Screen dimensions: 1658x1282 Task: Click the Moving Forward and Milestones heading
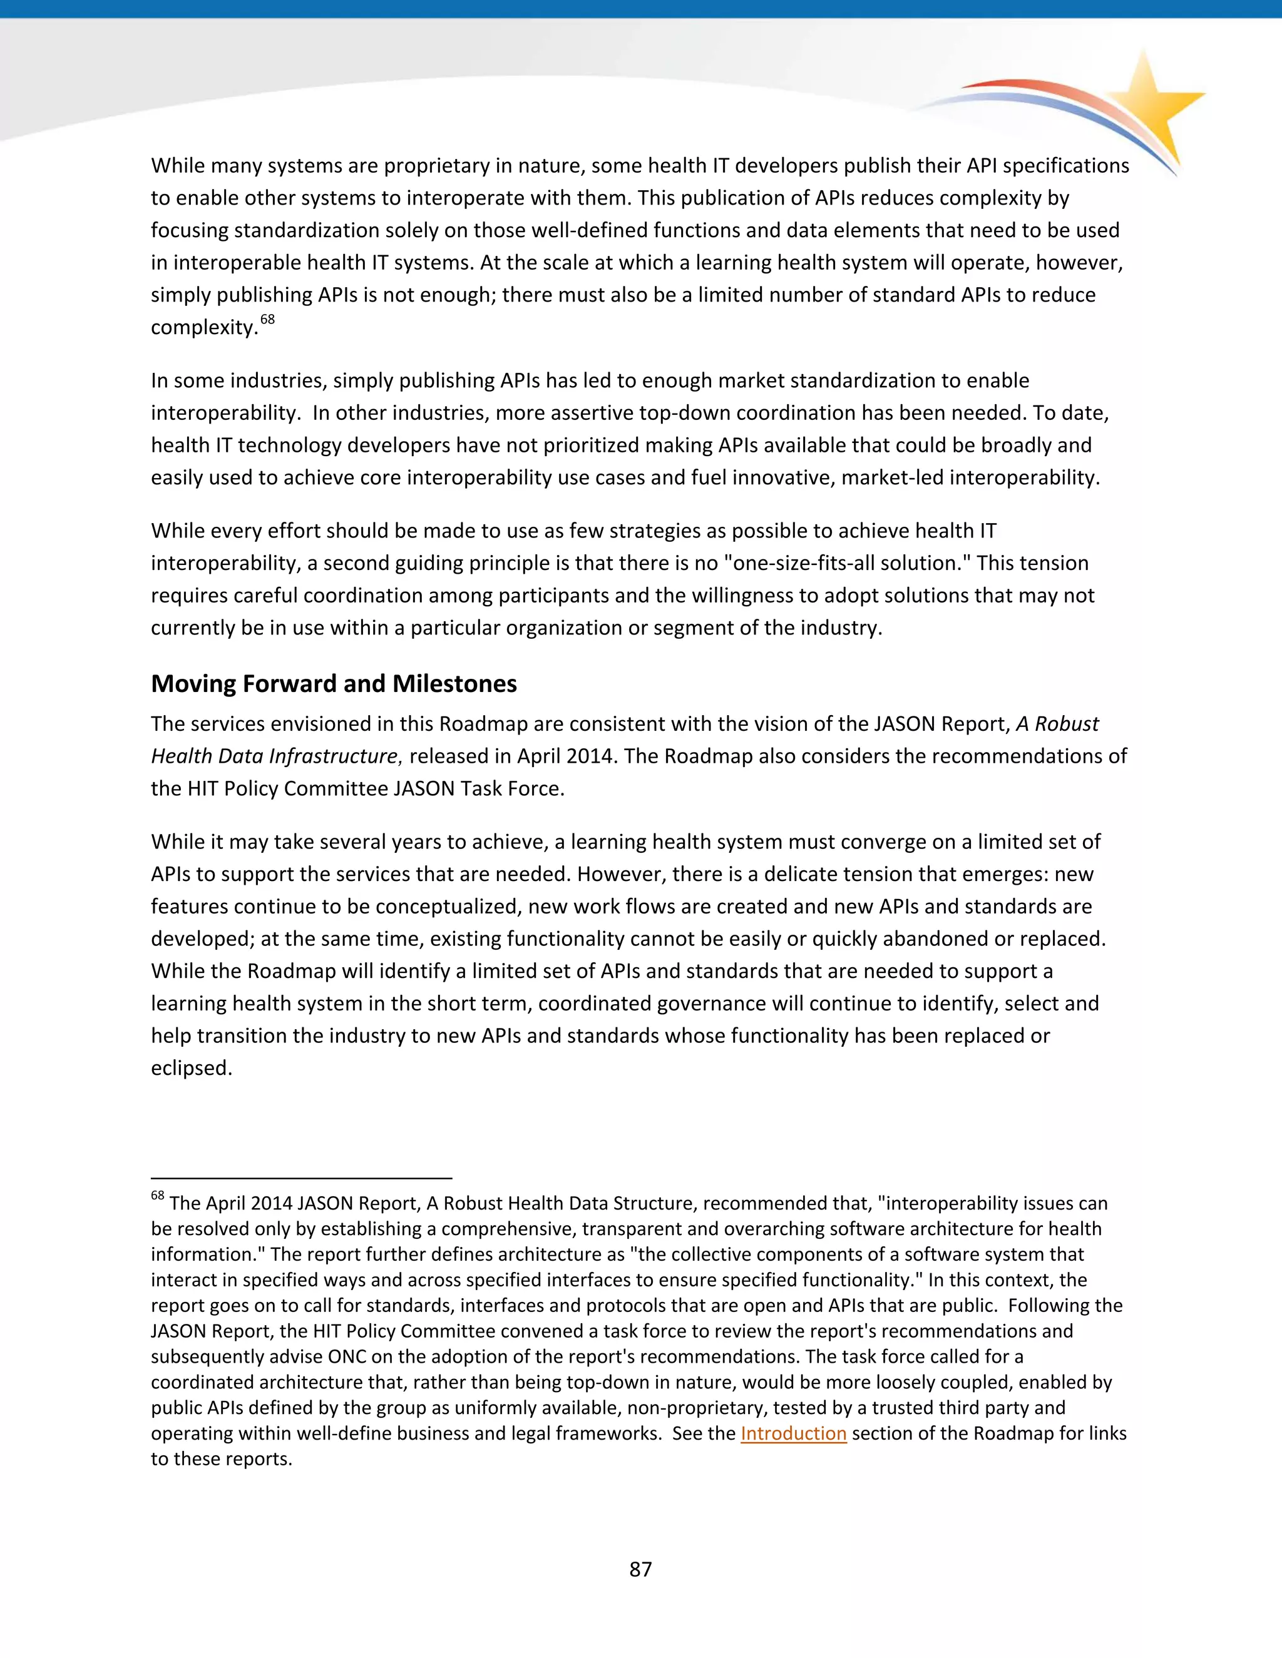[334, 683]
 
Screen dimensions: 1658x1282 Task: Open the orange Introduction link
[793, 1433]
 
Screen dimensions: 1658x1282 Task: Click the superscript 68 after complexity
[267, 320]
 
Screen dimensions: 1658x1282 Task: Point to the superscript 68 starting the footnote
[157, 1196]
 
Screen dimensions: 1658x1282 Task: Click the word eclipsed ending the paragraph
[191, 1067]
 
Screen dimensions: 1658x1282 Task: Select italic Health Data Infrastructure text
[274, 756]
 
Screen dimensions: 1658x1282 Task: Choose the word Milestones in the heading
[454, 683]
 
